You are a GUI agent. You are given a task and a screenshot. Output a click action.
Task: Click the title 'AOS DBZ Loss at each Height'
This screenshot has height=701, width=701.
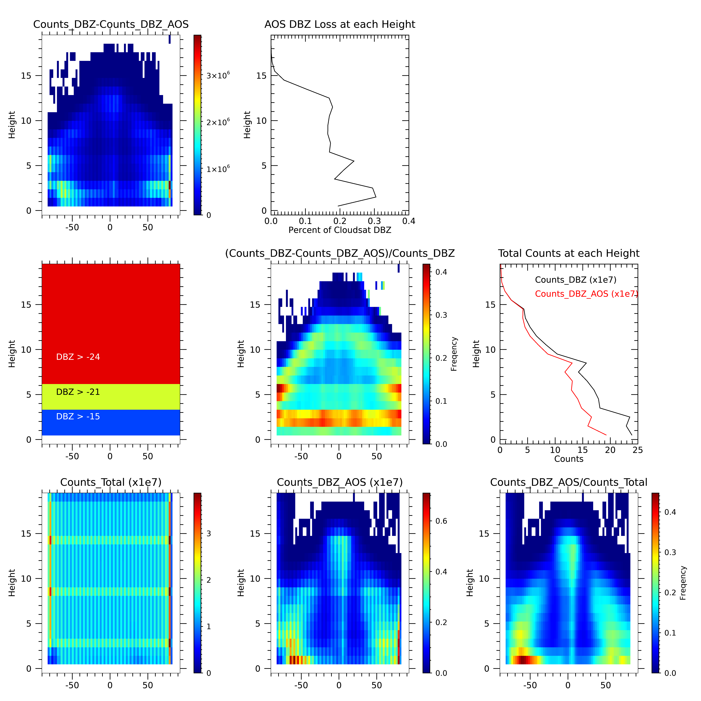(x=340, y=24)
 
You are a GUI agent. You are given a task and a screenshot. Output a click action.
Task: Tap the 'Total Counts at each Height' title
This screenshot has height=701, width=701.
(x=569, y=253)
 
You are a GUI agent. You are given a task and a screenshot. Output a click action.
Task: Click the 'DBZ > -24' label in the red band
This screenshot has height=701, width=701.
(x=78, y=357)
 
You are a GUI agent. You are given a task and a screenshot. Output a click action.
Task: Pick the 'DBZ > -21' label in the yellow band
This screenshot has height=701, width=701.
(x=78, y=392)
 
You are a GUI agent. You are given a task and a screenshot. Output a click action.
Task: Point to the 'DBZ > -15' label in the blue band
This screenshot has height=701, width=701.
(x=78, y=417)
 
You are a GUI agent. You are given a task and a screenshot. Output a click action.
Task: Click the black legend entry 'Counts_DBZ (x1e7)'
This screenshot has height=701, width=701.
(x=575, y=280)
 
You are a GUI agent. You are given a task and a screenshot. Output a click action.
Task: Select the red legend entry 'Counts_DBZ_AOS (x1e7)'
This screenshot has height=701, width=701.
(x=586, y=294)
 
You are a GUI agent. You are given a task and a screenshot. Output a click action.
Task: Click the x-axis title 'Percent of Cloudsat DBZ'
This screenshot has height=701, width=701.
(x=340, y=230)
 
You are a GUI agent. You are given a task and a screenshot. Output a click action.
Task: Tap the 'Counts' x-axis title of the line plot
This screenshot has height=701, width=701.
(x=569, y=459)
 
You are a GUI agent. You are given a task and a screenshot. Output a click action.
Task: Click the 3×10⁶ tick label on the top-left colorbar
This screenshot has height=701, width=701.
(x=218, y=75)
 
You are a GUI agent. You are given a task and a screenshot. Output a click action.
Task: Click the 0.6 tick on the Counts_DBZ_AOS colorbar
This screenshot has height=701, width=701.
(x=441, y=521)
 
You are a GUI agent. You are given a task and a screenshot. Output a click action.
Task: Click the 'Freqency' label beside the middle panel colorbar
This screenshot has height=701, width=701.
(x=454, y=354)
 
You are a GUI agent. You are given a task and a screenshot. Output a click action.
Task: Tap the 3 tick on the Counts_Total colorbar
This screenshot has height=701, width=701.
(x=209, y=534)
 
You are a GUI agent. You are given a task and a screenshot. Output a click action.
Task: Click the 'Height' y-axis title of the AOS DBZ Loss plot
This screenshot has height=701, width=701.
(x=247, y=125)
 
